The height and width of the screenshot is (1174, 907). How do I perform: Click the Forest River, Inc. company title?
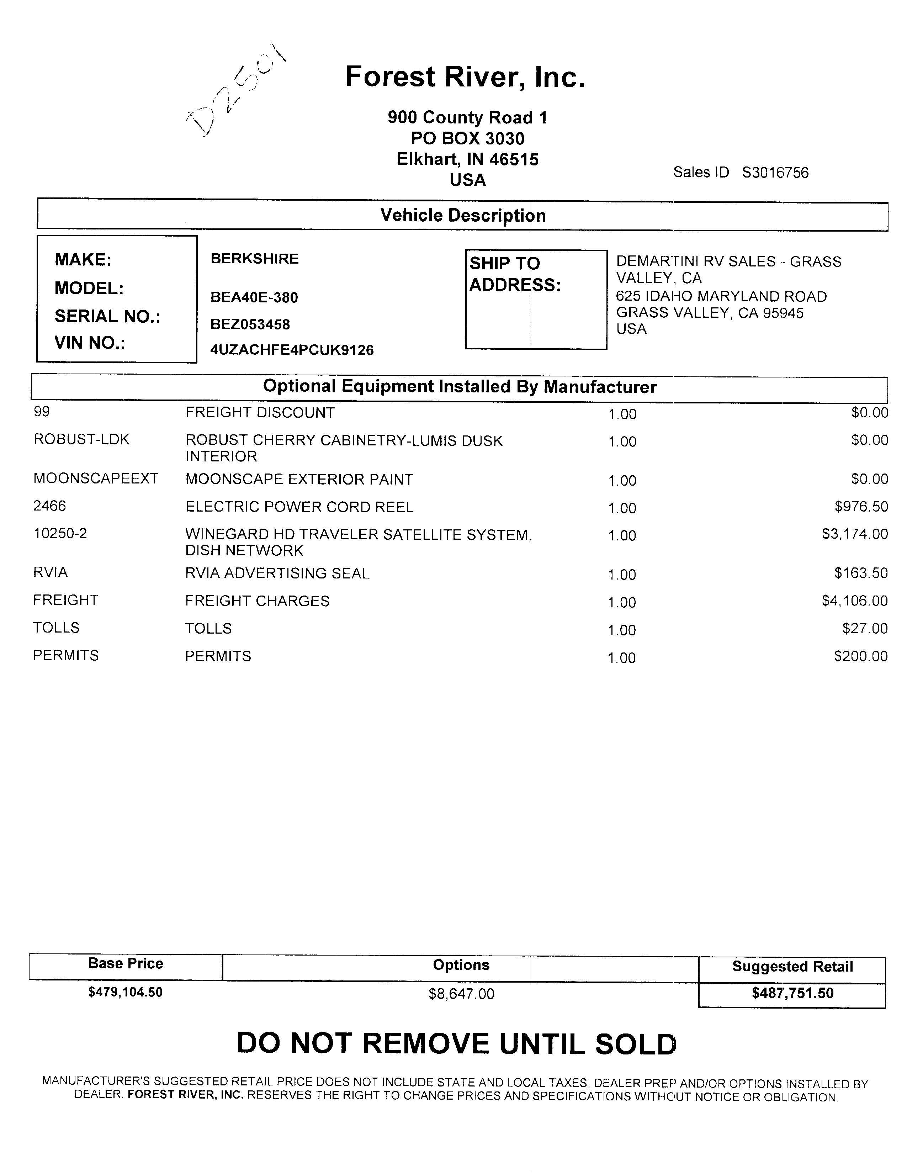click(465, 76)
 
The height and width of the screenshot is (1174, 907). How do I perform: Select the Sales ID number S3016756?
click(775, 173)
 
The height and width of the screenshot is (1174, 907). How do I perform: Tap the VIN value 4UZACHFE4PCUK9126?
click(292, 350)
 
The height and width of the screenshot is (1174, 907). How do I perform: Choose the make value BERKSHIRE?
click(254, 259)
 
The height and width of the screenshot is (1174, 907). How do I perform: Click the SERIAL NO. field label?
click(107, 317)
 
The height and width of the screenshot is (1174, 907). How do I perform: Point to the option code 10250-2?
click(60, 534)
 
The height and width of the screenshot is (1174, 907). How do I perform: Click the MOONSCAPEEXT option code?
click(96, 479)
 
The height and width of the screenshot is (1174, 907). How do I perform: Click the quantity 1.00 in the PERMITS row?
click(622, 658)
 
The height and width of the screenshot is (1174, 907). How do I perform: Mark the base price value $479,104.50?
click(125, 992)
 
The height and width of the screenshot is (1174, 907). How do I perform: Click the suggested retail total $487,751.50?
click(792, 993)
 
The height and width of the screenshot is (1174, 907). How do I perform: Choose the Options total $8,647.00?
click(461, 994)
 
